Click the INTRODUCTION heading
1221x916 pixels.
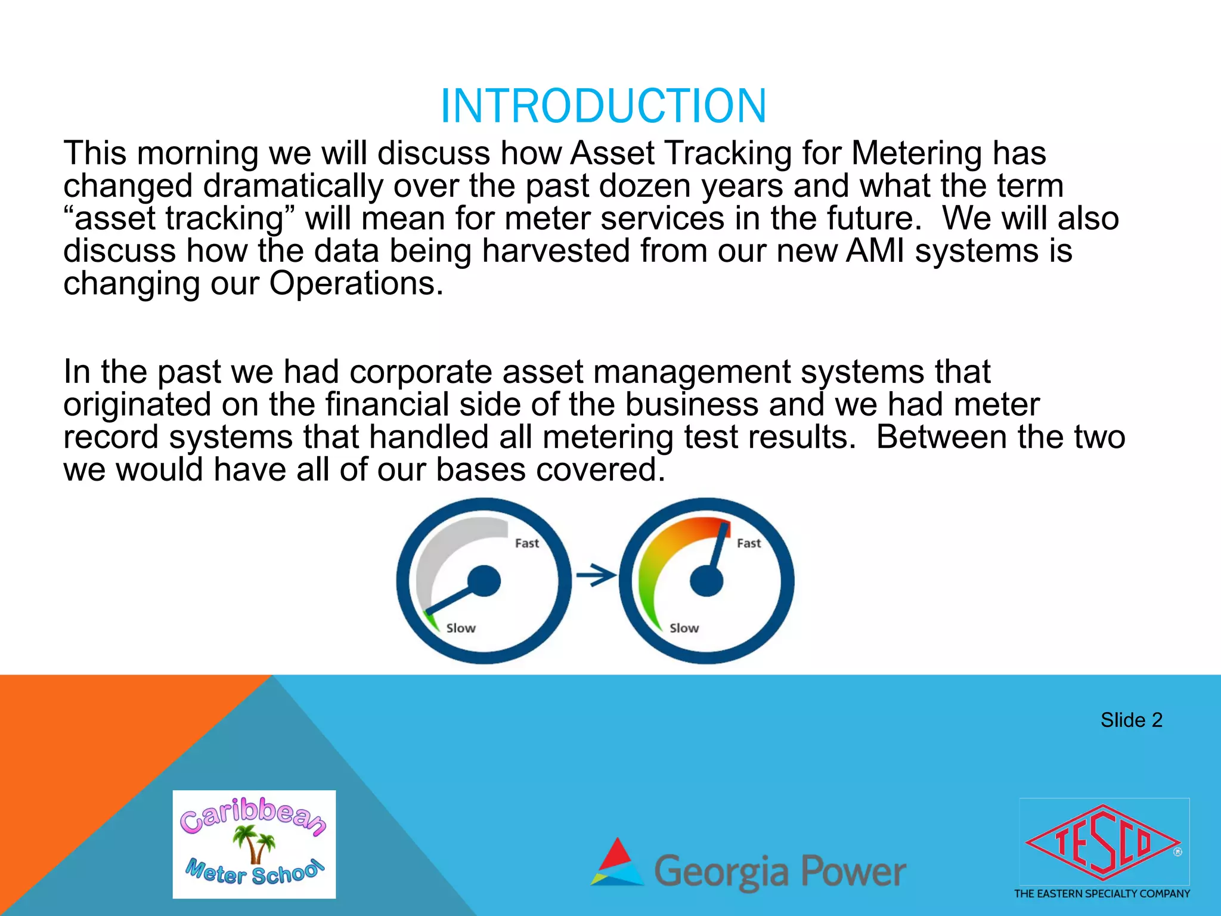tap(603, 106)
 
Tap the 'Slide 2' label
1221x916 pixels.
tap(1131, 720)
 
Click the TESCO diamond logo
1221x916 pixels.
tap(1103, 843)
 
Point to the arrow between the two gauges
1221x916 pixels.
tap(596, 576)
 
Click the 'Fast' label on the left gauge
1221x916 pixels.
tap(526, 543)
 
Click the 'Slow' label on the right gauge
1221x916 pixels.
tap(684, 628)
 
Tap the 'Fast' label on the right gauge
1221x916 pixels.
tap(749, 543)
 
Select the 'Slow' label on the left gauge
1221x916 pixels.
tap(461, 628)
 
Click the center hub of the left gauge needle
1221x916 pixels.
tap(484, 581)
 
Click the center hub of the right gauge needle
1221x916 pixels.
tap(706, 581)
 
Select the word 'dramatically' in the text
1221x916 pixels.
tap(293, 186)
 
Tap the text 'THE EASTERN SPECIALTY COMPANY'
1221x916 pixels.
tap(1102, 893)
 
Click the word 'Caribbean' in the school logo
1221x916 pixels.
tap(253, 816)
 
